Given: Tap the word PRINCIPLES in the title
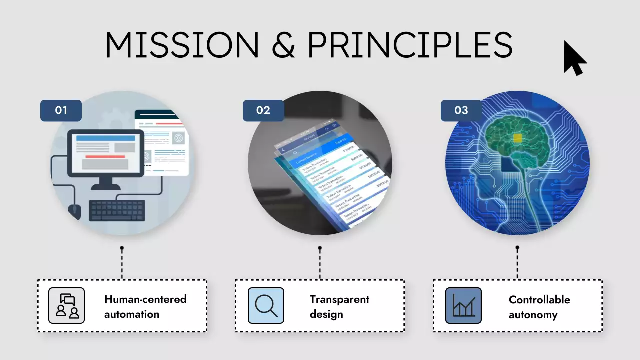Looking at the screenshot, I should point(410,45).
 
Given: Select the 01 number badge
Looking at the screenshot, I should point(61,110).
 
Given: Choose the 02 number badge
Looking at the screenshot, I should point(263,110).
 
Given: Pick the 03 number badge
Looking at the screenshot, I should point(461,110).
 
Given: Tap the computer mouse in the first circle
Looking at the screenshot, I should point(74,211).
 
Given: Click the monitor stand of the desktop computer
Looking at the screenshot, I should point(105,184).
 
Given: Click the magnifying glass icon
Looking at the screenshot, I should point(266,305).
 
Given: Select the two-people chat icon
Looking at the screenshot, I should point(67,305).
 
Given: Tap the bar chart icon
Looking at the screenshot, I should point(463,305).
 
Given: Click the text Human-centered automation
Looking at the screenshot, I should point(145,306).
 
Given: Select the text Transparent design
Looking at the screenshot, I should point(339,306).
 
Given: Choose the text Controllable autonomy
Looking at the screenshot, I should point(539,307).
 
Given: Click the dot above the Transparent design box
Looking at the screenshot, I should point(320,248).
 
